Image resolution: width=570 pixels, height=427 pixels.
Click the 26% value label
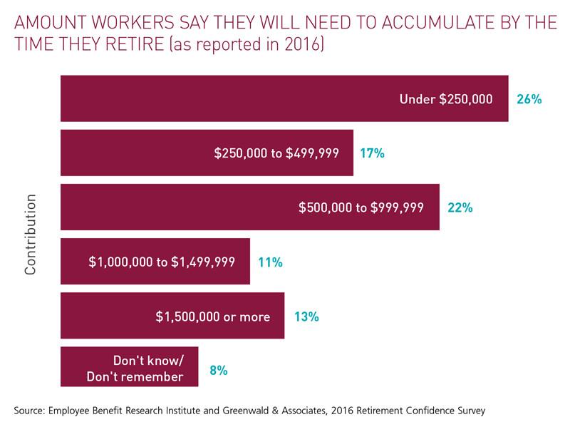(529, 99)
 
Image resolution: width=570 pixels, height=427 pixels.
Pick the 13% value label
(306, 316)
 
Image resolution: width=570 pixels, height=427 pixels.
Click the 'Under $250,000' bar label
(446, 99)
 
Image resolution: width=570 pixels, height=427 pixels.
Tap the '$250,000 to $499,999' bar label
(276, 153)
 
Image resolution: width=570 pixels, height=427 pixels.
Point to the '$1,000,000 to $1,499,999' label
(162, 262)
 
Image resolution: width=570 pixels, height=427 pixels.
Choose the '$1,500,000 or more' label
(213, 316)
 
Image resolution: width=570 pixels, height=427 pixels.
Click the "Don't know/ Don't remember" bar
(129, 367)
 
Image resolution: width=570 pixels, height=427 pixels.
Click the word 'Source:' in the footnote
(31, 410)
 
